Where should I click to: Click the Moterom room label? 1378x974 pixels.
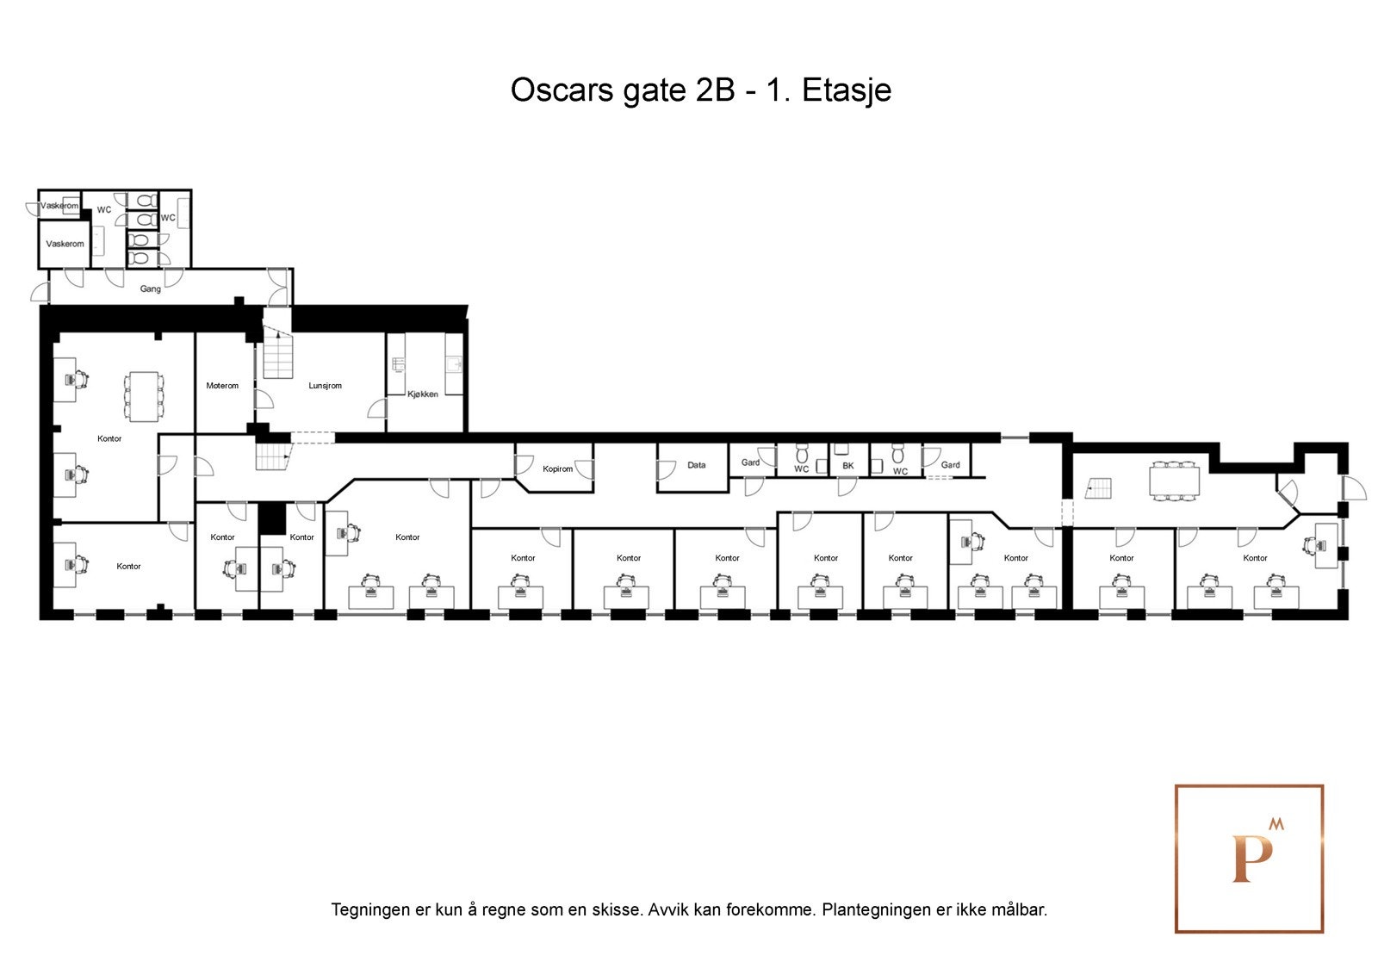click(x=222, y=386)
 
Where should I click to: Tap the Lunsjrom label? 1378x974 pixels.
click(x=326, y=386)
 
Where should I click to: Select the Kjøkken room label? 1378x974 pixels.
click(x=423, y=394)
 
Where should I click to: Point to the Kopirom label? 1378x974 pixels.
click(x=557, y=469)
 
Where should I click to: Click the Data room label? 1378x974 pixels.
click(x=696, y=465)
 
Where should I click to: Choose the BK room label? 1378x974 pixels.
click(x=847, y=466)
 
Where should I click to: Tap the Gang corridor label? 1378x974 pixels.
click(x=151, y=289)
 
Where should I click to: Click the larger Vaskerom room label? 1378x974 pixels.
click(x=65, y=244)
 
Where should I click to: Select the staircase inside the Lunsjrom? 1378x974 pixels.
click(x=278, y=356)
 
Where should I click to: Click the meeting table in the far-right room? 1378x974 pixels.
click(x=1173, y=481)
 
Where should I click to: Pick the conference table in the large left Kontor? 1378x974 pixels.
click(x=143, y=395)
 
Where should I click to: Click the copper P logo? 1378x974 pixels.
click(x=1249, y=859)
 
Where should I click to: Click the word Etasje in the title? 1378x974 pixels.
click(x=847, y=90)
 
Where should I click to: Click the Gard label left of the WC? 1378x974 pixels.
click(x=750, y=462)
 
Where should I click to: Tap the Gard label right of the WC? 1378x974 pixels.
click(x=950, y=465)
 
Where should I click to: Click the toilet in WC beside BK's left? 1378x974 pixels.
click(x=802, y=453)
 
